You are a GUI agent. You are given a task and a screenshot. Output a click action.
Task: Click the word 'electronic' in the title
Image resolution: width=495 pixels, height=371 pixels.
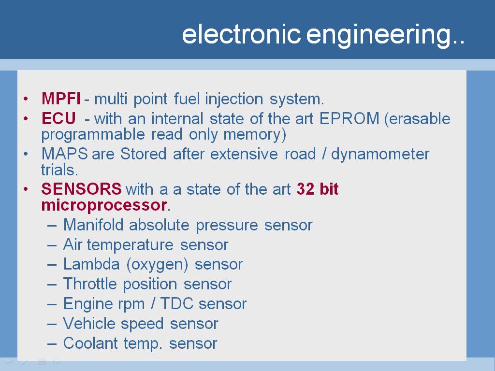pyautogui.click(x=241, y=34)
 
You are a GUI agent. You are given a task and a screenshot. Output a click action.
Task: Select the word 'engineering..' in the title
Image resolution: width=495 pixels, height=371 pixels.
pyautogui.click(x=385, y=36)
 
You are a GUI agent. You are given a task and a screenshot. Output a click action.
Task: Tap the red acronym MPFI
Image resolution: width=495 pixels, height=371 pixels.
pyautogui.click(x=61, y=99)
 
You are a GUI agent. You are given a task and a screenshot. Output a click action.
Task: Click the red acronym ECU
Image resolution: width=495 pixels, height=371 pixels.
pyautogui.click(x=58, y=118)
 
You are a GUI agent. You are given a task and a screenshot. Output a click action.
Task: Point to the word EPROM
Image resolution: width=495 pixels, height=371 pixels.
pyautogui.click(x=349, y=119)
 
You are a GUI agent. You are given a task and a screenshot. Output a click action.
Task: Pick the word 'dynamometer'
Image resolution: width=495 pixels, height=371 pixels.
pyautogui.click(x=380, y=154)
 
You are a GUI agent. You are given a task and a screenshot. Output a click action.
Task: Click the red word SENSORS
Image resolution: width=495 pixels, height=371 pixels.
pyautogui.click(x=81, y=189)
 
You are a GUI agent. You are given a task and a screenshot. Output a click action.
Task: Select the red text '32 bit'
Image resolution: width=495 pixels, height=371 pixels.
pyautogui.click(x=317, y=189)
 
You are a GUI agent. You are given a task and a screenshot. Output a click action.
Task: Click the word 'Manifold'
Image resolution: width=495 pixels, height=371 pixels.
pyautogui.click(x=93, y=225)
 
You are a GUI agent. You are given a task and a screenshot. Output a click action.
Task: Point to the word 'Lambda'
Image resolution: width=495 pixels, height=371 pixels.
pyautogui.click(x=91, y=264)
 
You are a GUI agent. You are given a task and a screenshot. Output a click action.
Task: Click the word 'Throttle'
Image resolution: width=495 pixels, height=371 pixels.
pyautogui.click(x=90, y=284)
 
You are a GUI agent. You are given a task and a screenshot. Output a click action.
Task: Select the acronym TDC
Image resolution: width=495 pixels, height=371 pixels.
pyautogui.click(x=177, y=303)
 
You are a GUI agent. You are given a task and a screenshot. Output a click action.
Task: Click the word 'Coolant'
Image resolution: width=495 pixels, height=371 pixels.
pyautogui.click(x=90, y=343)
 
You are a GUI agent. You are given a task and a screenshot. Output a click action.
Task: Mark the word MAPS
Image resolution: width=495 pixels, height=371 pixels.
pyautogui.click(x=64, y=154)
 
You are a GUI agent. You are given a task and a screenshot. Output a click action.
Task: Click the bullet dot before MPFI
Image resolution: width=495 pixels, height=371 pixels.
pyautogui.click(x=26, y=99)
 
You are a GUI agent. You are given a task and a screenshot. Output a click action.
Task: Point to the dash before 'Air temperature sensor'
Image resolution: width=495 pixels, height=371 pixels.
pyautogui.click(x=52, y=245)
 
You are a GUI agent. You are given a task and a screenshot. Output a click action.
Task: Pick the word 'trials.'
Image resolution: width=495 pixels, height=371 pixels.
pyautogui.click(x=59, y=170)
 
